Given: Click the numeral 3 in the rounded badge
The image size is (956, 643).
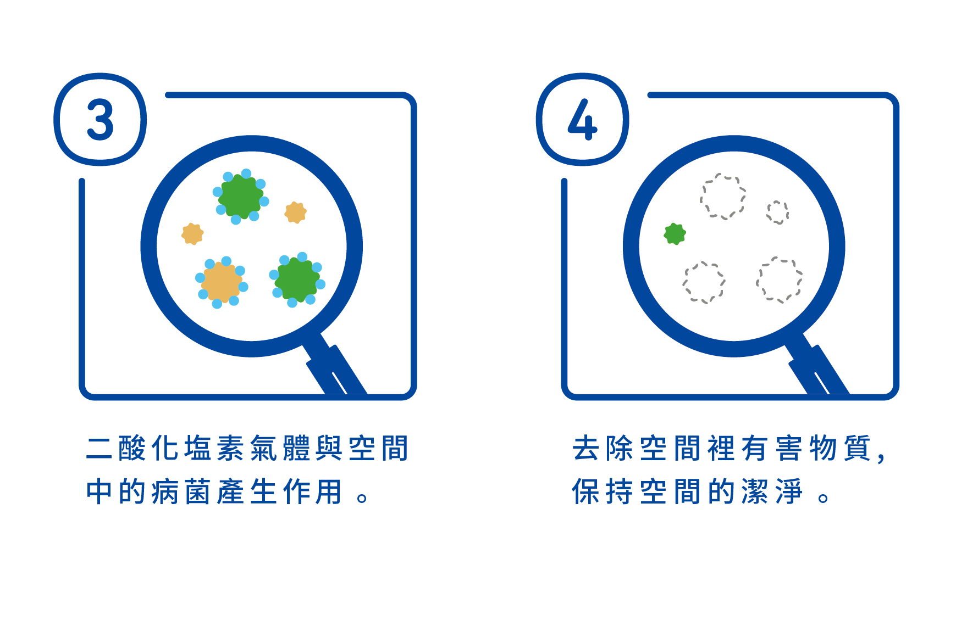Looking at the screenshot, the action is click(100, 120).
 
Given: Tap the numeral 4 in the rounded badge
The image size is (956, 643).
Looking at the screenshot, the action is click(582, 120).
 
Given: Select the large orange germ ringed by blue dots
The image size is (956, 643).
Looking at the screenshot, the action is click(222, 282).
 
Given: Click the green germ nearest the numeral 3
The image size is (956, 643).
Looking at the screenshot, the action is click(241, 196).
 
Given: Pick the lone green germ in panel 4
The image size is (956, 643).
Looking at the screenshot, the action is click(675, 234).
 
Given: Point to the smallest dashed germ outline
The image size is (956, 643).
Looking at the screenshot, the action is click(777, 212).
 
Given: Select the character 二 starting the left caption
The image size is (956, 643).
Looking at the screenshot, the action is click(100, 448).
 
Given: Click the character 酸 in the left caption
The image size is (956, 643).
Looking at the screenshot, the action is click(132, 448).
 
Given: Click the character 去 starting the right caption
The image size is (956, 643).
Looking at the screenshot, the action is click(586, 448).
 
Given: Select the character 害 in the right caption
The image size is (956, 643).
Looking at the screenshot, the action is click(789, 448).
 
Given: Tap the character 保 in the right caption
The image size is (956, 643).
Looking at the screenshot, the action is click(586, 491).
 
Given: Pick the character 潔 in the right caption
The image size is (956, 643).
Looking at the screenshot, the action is click(755, 491).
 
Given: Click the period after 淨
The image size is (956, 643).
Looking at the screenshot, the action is click(823, 498).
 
